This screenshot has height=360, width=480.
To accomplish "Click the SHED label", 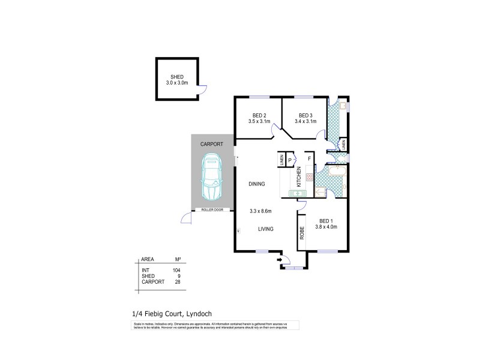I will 176,77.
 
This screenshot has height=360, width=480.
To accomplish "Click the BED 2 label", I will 259,116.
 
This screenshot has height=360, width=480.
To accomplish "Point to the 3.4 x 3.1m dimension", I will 305,122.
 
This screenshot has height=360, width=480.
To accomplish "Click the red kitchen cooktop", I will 309,177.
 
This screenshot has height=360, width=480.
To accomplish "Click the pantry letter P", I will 290,160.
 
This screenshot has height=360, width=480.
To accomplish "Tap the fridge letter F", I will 309,160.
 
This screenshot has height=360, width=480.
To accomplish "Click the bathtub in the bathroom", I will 336,170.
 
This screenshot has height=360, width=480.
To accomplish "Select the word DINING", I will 257,184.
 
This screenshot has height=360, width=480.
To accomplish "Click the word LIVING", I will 267,229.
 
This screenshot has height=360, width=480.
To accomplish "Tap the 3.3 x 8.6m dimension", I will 261,211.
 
